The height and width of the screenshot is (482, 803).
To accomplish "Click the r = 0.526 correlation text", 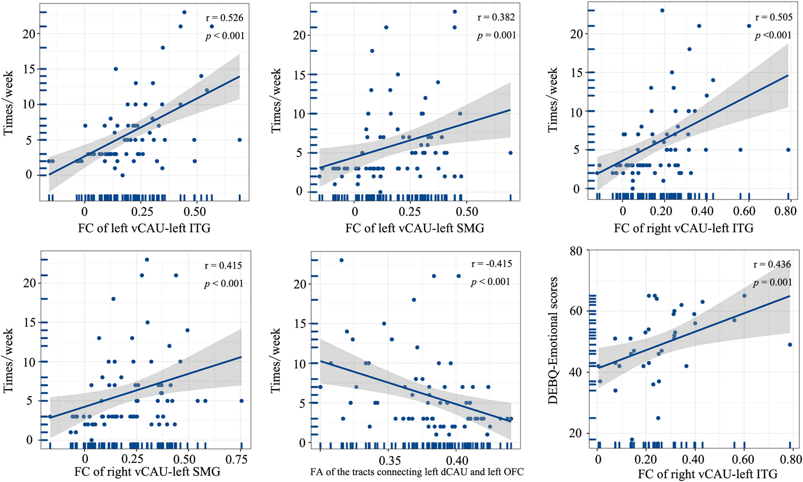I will pyautogui.click(x=224, y=18).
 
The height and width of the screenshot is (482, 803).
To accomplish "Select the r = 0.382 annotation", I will pyautogui.click(x=496, y=17).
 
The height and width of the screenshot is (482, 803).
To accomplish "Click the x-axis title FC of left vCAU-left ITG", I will pyautogui.click(x=144, y=228).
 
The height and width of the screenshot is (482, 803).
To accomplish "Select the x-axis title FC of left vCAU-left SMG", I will pyautogui.click(x=415, y=228).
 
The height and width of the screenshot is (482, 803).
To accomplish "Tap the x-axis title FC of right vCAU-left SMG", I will pyautogui.click(x=147, y=472).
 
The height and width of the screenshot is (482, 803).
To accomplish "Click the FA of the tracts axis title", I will pyautogui.click(x=417, y=472).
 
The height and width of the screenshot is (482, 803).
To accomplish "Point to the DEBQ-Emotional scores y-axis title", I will pyautogui.click(x=553, y=340).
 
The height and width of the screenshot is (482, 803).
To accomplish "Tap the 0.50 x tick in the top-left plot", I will pyautogui.click(x=194, y=212).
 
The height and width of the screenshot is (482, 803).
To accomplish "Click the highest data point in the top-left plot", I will pyautogui.click(x=184, y=12).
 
